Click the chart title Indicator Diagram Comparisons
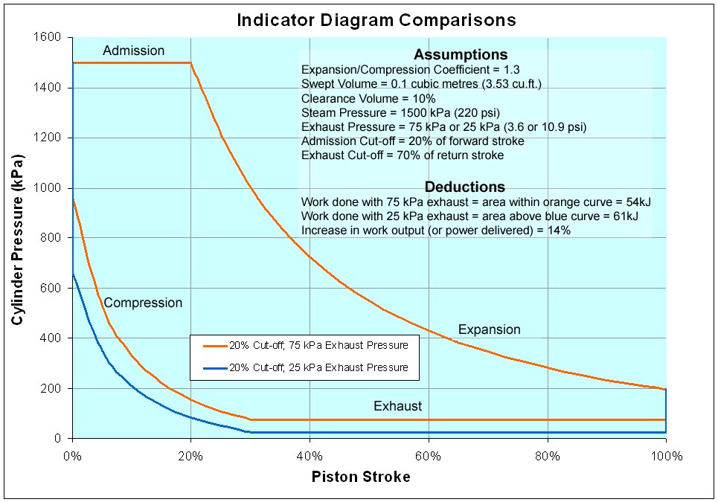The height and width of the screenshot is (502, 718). pos(376,19)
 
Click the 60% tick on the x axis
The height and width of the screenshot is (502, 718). pos(429,455)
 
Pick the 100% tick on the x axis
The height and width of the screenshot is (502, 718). pos(665,455)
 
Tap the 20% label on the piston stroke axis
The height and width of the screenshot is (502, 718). pos(191,455)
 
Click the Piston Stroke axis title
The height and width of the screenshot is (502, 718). pos(360,477)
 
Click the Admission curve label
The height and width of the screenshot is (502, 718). pos(134,51)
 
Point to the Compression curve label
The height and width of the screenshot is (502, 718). pos(143,303)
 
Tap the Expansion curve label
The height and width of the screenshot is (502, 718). pos(489,329)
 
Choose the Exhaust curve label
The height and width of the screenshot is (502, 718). pos(397,406)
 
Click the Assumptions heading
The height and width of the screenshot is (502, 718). pos(461,54)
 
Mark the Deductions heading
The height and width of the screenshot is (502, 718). pos(464,187)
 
